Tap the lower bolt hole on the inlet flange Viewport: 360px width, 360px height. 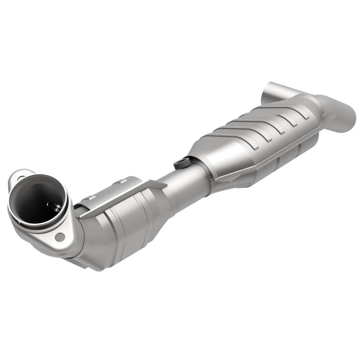click(x=59, y=236)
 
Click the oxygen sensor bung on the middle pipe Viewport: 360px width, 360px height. click(x=181, y=162)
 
